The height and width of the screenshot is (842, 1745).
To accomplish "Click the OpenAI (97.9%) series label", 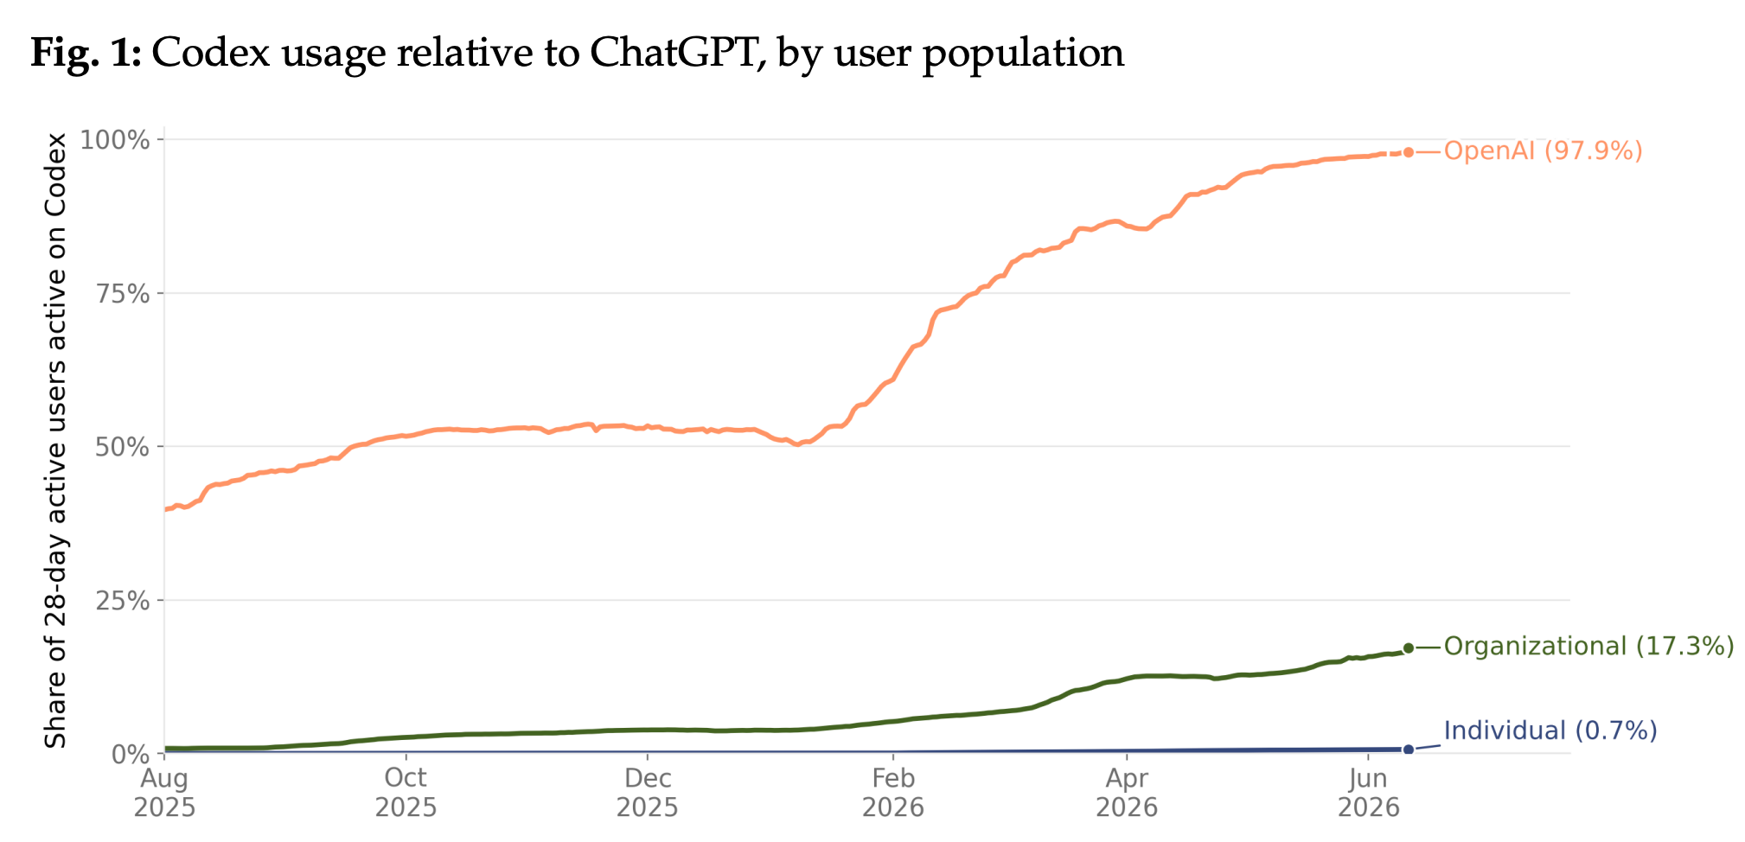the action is [x=1543, y=151].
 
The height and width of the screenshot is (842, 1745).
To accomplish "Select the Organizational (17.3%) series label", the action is [x=1589, y=647].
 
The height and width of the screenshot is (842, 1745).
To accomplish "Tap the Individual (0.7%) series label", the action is [x=1550, y=731].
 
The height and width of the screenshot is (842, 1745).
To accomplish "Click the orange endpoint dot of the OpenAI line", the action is [x=1409, y=152].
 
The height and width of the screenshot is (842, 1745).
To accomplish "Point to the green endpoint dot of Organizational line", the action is [x=1409, y=647].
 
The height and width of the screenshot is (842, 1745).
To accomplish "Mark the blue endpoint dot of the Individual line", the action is [x=1409, y=750].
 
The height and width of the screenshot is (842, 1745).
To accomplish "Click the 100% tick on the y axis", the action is [x=115, y=140].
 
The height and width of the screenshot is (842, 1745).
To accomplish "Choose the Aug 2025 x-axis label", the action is [x=164, y=793].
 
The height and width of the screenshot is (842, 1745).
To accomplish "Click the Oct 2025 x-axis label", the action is [x=406, y=793].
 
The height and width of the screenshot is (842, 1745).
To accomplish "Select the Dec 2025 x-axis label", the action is [x=648, y=793].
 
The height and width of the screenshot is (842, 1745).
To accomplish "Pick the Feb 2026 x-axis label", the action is [x=893, y=793].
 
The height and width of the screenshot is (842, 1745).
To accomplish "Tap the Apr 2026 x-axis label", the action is [x=1127, y=793].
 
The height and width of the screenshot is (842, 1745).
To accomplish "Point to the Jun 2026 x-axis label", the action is [x=1369, y=793].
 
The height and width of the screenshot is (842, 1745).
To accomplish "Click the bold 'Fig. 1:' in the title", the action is [x=86, y=54].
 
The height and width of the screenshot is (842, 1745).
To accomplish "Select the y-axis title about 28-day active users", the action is [x=56, y=441].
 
